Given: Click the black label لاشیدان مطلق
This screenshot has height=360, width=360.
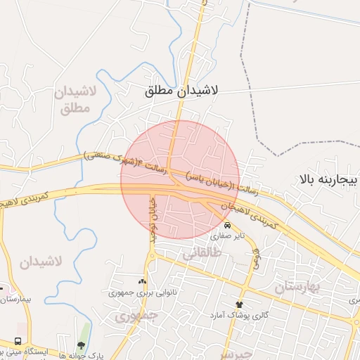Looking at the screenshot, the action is click(182, 91).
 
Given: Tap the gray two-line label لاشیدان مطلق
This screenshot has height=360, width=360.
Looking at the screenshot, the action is click(72, 101).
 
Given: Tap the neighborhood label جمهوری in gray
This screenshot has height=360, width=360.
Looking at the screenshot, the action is click(136, 316).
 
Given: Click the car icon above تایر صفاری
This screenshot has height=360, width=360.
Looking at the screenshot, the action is click(226, 225).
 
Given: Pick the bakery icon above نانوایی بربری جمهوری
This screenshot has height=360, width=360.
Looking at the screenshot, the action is click(143, 281).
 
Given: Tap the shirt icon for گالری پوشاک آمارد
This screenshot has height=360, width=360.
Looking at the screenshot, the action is click(240, 304).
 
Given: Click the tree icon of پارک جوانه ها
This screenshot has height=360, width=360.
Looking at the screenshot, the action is click(81, 345).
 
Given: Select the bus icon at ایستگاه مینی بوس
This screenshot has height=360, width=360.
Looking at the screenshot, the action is click(17, 341).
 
